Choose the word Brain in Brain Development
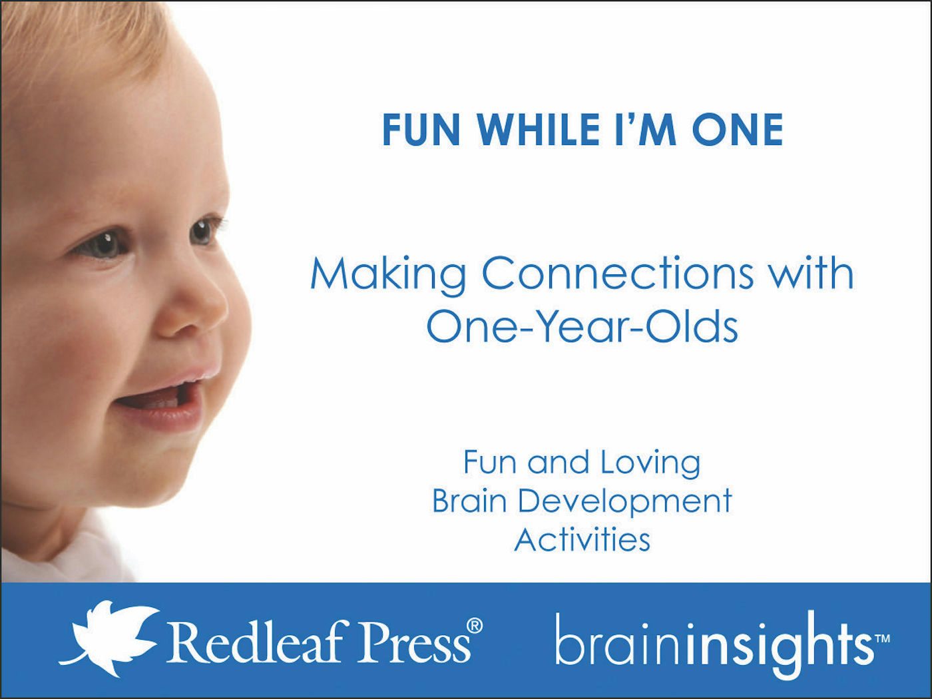point(469,501)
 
